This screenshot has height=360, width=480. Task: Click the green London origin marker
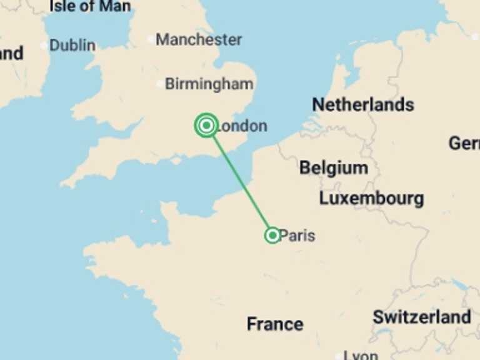pyautogui.click(x=206, y=126)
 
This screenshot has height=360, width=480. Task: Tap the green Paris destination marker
pyautogui.click(x=272, y=236)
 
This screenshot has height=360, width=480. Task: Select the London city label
pyautogui.click(x=241, y=126)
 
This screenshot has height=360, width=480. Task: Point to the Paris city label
pyautogui.click(x=297, y=236)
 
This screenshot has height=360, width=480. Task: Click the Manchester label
pyautogui.click(x=199, y=39)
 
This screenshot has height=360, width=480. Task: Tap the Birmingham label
pyautogui.click(x=209, y=84)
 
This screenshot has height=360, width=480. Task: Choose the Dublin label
pyautogui.click(x=72, y=45)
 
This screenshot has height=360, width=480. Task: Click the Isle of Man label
pyautogui.click(x=90, y=7)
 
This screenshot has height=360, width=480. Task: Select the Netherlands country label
pyautogui.click(x=363, y=104)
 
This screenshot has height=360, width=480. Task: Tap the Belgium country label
pyautogui.click(x=334, y=167)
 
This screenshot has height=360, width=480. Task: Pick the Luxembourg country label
pyautogui.click(x=371, y=199)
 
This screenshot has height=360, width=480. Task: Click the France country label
pyautogui.click(x=275, y=324)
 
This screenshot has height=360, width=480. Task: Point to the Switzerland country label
pyautogui.click(x=422, y=317)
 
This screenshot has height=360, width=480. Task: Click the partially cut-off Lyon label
pyautogui.click(x=361, y=355)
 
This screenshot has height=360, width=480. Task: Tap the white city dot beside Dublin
pyautogui.click(x=44, y=46)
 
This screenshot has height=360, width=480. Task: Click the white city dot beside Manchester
pyautogui.click(x=150, y=39)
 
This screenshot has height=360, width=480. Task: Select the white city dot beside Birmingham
pyautogui.click(x=159, y=84)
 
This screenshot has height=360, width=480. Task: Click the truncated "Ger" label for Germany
pyautogui.click(x=464, y=143)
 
